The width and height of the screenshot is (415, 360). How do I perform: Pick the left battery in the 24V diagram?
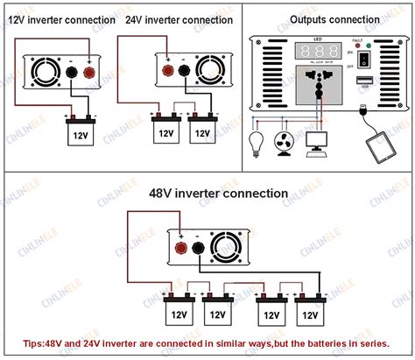pos(164,131)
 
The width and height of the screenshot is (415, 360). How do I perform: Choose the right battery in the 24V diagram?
pos(202,131)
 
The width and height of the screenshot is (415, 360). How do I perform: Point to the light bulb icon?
pos(257,144)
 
